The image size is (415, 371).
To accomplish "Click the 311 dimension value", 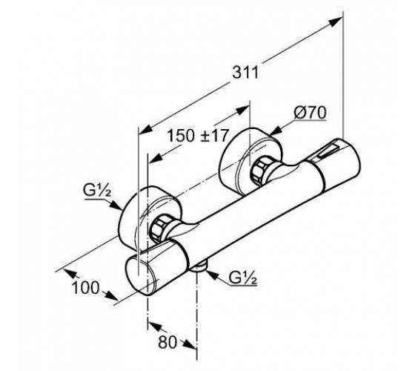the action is tap(245, 73).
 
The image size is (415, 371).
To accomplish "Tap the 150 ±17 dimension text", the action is tap(197, 136).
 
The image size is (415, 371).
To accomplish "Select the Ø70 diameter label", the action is tap(310, 113).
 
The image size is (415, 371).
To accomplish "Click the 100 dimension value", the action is tap(85, 288).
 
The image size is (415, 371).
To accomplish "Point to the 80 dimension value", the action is tap(167, 342).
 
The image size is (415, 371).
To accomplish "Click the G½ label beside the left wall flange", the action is tap(97, 192).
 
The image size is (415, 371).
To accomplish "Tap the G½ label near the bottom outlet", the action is tap(243, 278).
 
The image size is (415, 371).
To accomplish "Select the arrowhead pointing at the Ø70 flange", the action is tap(276, 130).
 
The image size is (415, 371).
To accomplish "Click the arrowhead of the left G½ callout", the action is tap(116, 206).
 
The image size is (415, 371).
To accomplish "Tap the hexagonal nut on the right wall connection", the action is tap(261, 171).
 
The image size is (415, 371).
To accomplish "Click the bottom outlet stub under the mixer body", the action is tap(199, 267).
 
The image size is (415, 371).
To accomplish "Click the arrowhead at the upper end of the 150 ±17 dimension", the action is tap(242, 111).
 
